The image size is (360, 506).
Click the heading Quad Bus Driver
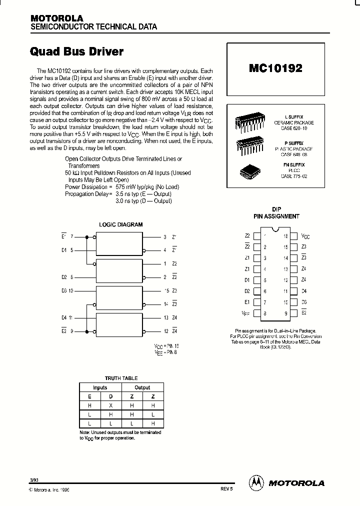pos(77,51)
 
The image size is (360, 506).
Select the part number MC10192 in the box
pos(275,68)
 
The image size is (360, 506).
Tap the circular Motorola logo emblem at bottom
pos(256,482)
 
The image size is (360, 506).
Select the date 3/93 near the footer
pos(34,480)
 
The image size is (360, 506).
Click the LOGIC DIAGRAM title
pos(120,224)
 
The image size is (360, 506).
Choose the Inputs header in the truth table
pos(100,387)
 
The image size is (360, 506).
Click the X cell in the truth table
pos(110,405)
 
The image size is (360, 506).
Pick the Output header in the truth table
pos(142,387)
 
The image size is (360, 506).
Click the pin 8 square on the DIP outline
pos(256,313)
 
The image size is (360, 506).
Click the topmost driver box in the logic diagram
pos(119,244)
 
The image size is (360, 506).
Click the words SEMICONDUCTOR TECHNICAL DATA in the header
pos(94,26)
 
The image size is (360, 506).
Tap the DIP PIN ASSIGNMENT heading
pos(276,213)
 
